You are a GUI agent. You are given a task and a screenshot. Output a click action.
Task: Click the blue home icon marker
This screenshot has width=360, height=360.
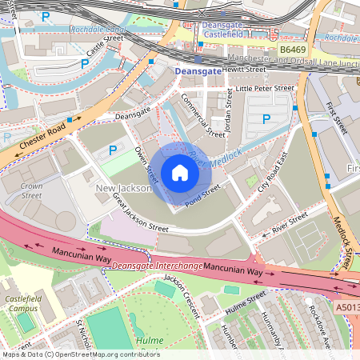[x=180, y=172]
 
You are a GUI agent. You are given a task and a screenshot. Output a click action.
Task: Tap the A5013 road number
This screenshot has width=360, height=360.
[x=347, y=306]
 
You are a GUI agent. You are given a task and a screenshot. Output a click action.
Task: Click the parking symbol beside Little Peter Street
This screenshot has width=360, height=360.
[x=266, y=119]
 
